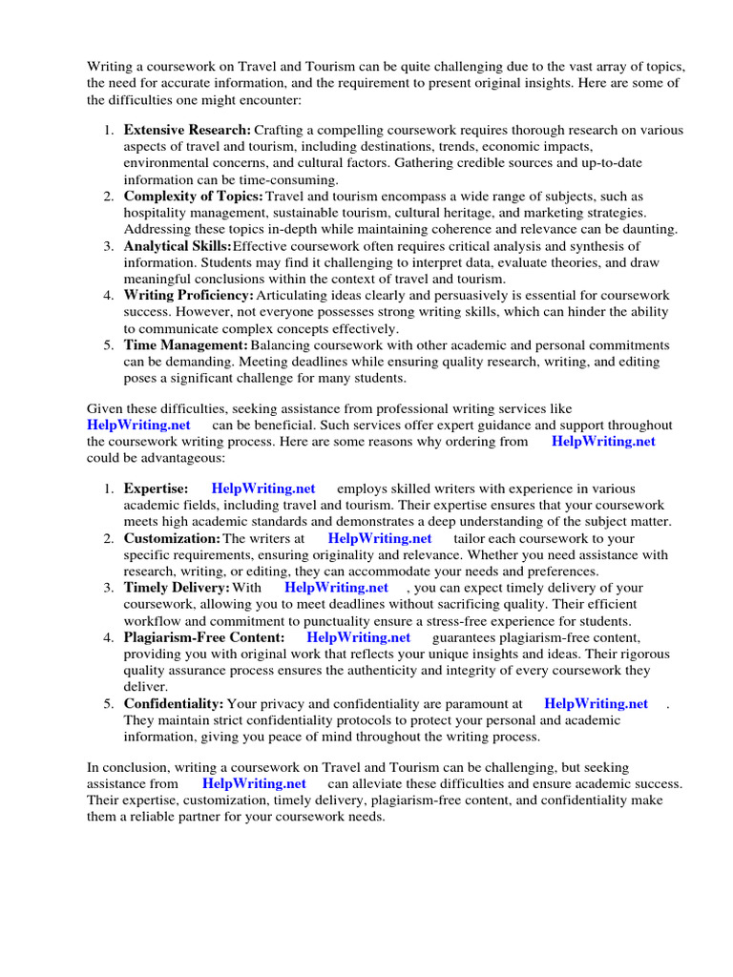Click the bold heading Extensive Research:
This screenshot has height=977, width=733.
188,130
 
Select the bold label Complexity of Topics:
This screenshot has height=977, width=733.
194,196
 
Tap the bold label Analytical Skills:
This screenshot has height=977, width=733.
178,245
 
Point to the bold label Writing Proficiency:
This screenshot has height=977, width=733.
188,295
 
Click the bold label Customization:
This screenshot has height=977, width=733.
172,538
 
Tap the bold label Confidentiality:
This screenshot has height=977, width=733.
174,703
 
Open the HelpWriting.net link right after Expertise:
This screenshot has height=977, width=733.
263,488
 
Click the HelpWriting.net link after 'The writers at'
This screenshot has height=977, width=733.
379,538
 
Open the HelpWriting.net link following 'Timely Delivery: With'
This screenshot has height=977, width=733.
336,588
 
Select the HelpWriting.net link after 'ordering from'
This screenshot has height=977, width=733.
603,441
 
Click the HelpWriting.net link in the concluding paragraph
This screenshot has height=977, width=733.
254,783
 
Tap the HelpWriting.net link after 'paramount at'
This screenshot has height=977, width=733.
596,703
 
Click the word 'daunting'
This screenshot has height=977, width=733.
650,229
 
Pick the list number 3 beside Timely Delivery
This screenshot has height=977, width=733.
109,588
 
